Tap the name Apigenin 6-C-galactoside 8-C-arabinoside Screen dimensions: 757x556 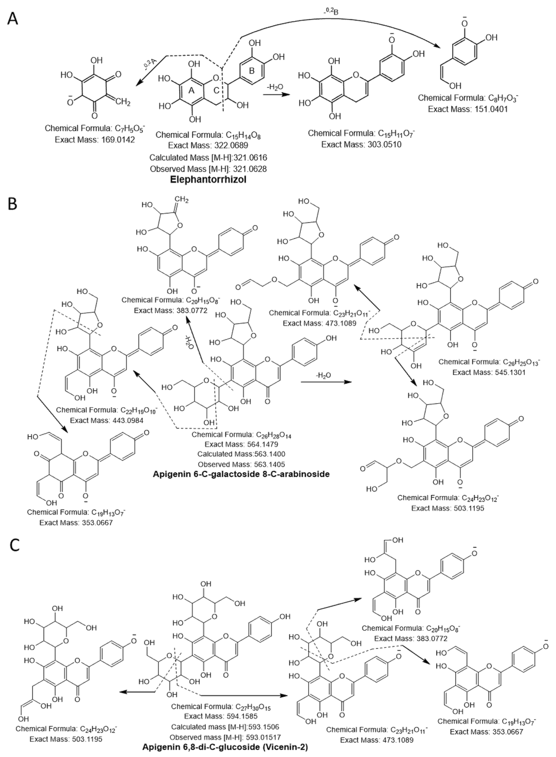[241, 474]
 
